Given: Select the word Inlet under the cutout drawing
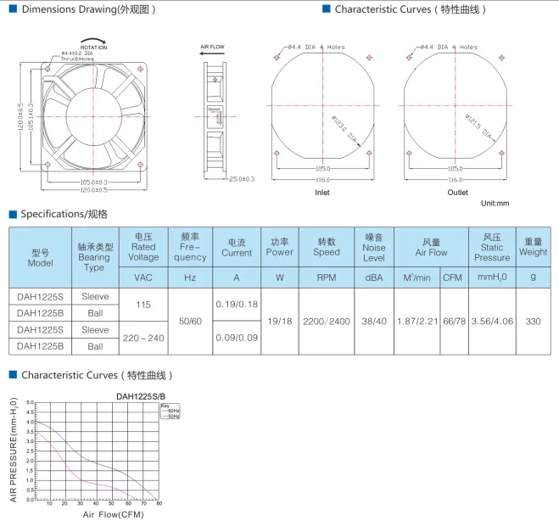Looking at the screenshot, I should click(322, 193).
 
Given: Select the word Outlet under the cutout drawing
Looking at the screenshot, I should click(457, 193).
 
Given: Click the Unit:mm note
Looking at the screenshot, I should click(495, 204).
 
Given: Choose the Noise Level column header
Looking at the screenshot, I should click(374, 247).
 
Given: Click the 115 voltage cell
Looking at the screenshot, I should click(143, 305).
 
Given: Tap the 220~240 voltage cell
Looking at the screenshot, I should click(143, 338).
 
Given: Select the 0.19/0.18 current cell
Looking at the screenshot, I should click(237, 304).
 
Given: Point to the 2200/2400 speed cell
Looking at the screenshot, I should click(327, 322).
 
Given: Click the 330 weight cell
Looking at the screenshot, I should click(533, 322).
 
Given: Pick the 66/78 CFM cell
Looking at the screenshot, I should click(454, 322).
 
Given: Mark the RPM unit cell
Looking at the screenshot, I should click(327, 277).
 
